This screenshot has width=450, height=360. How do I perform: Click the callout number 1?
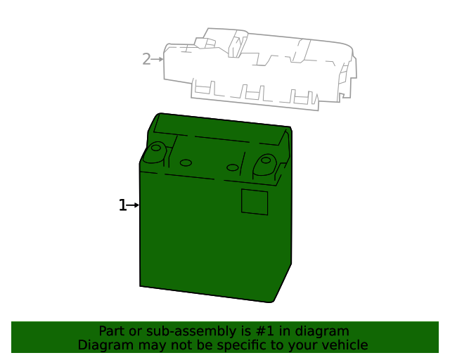(x=122, y=205)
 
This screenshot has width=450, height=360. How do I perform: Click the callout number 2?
(x=146, y=59)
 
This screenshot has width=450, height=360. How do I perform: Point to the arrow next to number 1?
(x=134, y=205)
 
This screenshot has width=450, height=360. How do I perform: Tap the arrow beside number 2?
(x=157, y=59)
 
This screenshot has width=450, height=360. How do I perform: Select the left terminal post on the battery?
(x=155, y=150)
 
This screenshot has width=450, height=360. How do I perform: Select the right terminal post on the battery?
(x=265, y=161)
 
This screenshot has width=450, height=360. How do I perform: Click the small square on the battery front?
(x=255, y=201)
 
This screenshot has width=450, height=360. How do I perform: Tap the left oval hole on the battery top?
(x=186, y=162)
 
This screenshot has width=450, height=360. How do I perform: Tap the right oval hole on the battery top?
(x=233, y=167)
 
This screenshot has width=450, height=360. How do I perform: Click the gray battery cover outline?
(x=260, y=67)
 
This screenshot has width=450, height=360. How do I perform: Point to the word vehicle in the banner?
(x=345, y=345)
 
